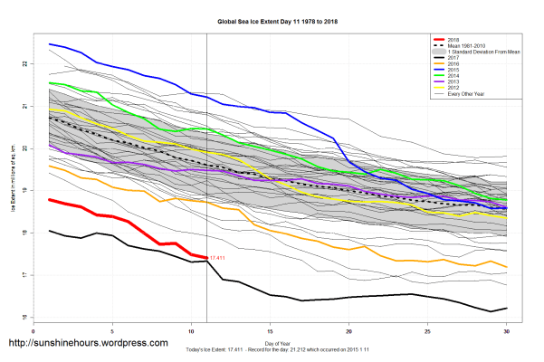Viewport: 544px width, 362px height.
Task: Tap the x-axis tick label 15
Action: coord(270,331)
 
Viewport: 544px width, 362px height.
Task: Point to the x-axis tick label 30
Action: coord(507,331)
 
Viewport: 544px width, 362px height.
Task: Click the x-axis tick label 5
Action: coord(112,331)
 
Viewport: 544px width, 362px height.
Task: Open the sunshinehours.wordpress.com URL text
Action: coord(88,344)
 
